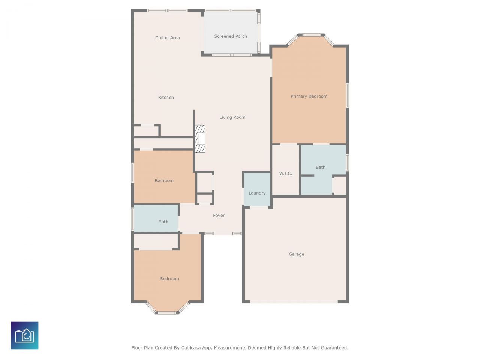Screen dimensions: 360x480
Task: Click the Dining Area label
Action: coord(167,38)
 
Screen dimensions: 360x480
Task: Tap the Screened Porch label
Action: coord(231,36)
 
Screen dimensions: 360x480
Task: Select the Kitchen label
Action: coord(166,97)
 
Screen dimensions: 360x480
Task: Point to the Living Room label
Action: coord(232,117)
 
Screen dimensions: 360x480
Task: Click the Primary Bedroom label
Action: coord(309,96)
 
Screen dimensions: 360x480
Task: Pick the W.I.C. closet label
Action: coord(285,174)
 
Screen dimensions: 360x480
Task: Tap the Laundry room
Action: coord(257,193)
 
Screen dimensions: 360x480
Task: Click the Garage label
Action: coord(296,254)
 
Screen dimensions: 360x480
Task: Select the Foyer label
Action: coord(219,216)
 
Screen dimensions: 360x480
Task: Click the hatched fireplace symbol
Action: coord(200,139)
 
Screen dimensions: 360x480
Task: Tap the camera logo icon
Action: coord(24,335)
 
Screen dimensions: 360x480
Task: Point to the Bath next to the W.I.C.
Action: coord(321,168)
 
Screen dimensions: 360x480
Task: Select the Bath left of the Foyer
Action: coord(163,222)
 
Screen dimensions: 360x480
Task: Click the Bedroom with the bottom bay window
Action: coord(169,279)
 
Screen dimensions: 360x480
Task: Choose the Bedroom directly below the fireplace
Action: coord(164,181)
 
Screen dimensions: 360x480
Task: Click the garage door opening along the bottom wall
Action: coord(294,301)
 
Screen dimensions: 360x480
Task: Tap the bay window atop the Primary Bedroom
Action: coord(311,35)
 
